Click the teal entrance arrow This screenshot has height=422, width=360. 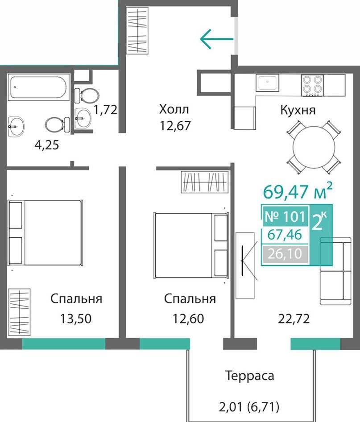click(x=217, y=39)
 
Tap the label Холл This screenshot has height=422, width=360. click(x=174, y=109)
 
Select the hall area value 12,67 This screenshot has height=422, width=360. click(x=175, y=125)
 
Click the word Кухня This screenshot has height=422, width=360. click(x=298, y=110)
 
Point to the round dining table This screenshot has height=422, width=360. click(x=314, y=147)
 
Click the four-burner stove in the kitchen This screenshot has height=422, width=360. click(x=312, y=85)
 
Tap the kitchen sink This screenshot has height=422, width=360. click(x=268, y=83)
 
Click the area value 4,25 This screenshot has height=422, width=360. click(x=47, y=145)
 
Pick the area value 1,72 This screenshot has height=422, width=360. click(x=105, y=110)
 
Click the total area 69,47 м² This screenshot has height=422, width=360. click(x=298, y=191)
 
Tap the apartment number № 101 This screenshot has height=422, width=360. click(x=285, y=216)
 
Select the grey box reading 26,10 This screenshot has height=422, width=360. click(x=285, y=254)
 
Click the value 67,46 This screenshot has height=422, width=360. click(x=285, y=235)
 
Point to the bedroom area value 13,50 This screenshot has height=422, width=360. click(x=75, y=319)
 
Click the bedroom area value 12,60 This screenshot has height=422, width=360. click(x=188, y=319)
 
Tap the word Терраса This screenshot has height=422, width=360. click(x=250, y=376)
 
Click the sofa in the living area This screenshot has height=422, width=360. click(x=335, y=271)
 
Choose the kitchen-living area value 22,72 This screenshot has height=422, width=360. click(x=294, y=319)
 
